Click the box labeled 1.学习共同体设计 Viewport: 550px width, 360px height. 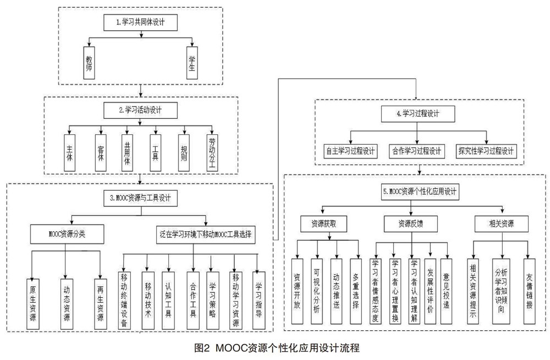pyautogui.click(x=140, y=23)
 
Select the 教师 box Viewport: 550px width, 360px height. pyautogui.click(x=89, y=63)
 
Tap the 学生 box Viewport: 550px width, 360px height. pyautogui.click(x=192, y=63)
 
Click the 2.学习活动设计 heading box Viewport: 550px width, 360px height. pyautogui.click(x=140, y=110)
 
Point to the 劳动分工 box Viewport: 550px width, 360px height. pyautogui.click(x=212, y=153)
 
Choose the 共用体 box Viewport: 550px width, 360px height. pyautogui.click(x=127, y=153)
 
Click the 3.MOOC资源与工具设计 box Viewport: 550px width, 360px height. pyautogui.click(x=140, y=198)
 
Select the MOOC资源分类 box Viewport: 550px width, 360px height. pyautogui.click(x=67, y=234)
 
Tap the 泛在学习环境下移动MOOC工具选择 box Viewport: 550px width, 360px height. pyautogui.click(x=206, y=234)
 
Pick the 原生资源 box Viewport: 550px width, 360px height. pyautogui.click(x=33, y=304)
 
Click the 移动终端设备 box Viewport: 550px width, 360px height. pyautogui.click(x=124, y=301)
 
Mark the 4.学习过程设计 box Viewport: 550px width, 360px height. pyautogui.click(x=418, y=114)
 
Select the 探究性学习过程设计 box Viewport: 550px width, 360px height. pyautogui.click(x=486, y=151)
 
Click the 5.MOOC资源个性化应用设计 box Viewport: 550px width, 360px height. pyautogui.click(x=420, y=192)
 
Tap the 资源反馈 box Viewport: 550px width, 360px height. pyautogui.click(x=411, y=223)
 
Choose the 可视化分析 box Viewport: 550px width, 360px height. pyautogui.click(x=317, y=291)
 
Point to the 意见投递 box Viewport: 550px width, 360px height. pyautogui.click(x=446, y=291)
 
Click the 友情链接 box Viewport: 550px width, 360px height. pyautogui.click(x=529, y=291)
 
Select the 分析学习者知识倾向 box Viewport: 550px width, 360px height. pyautogui.click(x=501, y=291)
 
